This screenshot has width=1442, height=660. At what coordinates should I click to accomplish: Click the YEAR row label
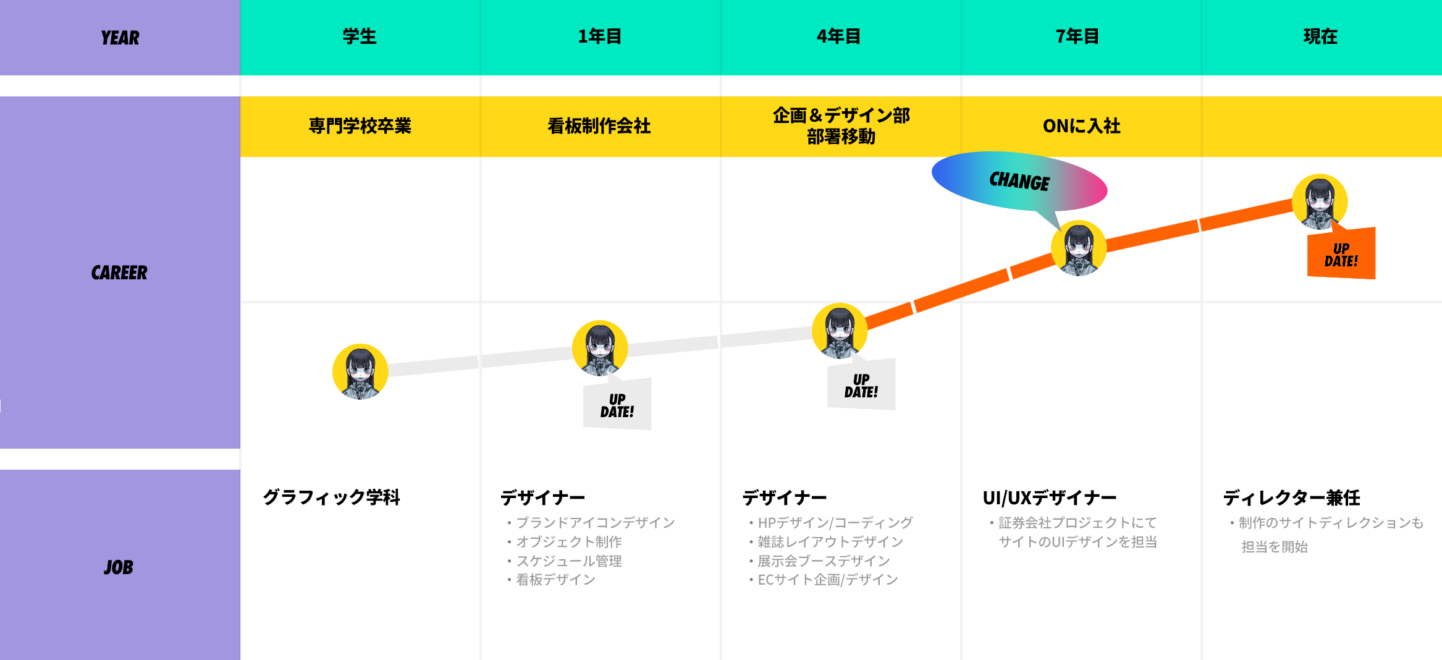pos(120,38)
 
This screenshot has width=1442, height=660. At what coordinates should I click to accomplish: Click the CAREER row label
pos(119,273)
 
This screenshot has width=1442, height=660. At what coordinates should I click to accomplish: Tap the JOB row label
pos(119,567)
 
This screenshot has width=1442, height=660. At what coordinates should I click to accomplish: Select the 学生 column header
pos(360,36)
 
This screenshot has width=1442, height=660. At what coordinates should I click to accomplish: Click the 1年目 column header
pos(599,36)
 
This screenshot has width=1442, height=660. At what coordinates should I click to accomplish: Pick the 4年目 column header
pos(839,36)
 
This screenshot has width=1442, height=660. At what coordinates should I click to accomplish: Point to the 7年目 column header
pos(1077,36)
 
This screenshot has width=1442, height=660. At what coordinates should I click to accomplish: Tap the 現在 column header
pos(1320,36)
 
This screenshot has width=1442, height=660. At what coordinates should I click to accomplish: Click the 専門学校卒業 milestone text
pos(360,126)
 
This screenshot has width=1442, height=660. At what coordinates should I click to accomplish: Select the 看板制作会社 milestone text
pos(599,126)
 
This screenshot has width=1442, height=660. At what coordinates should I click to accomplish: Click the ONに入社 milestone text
pos(1081,126)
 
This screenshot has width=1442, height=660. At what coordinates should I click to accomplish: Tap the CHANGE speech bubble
pos(1019,181)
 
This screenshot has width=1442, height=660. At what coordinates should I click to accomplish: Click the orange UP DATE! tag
pos(1341,255)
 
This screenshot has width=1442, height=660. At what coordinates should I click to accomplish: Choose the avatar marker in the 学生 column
pos(360,371)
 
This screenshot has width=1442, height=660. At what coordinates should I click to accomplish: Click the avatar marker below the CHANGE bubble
pos(1079,248)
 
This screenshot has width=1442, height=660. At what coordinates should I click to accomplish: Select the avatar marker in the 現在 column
pos(1320,201)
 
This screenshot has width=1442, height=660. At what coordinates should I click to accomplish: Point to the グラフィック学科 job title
pos(331,497)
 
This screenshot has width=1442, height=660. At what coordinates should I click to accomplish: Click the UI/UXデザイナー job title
pos(1049,497)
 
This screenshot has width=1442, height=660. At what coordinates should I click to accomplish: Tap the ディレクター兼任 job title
pos(1291,497)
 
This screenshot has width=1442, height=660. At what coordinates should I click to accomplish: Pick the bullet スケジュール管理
pos(568,561)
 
